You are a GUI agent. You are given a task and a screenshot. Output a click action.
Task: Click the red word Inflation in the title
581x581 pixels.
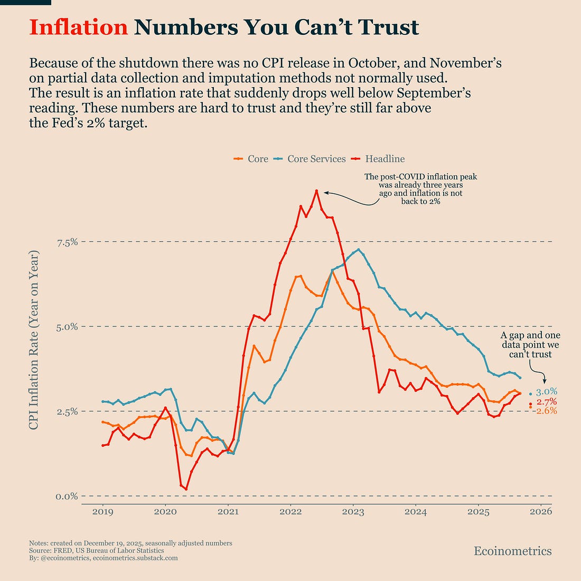tap(78, 27)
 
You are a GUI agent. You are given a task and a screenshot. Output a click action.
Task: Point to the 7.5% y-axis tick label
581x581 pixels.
tap(67, 242)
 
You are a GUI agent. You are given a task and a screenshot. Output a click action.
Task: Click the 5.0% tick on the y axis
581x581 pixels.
tap(67, 326)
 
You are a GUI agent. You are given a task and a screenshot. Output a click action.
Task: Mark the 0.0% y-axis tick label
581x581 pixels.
tap(67, 496)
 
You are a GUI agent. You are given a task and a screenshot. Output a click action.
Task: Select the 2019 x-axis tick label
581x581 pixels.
tap(102, 512)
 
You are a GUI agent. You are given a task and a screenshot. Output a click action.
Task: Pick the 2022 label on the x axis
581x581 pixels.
tap(290, 512)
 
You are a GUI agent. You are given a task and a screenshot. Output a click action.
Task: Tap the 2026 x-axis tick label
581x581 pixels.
tap(541, 512)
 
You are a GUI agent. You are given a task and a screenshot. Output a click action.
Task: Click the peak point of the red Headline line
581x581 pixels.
tap(316, 191)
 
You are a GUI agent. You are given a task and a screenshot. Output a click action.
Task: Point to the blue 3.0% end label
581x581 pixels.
tap(547, 392)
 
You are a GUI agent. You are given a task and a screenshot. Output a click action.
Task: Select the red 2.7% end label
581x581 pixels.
tap(547, 402)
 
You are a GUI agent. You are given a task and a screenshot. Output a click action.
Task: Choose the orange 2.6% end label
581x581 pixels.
tap(547, 411)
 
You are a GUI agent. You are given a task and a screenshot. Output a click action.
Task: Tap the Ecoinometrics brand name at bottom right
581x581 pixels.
tap(512, 551)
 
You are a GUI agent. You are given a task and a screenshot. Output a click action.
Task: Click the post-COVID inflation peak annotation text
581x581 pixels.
tap(420, 189)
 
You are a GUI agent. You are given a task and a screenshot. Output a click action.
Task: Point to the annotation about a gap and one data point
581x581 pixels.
tap(530, 345)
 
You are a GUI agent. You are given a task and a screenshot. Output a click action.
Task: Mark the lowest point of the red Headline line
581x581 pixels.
tap(186, 489)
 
